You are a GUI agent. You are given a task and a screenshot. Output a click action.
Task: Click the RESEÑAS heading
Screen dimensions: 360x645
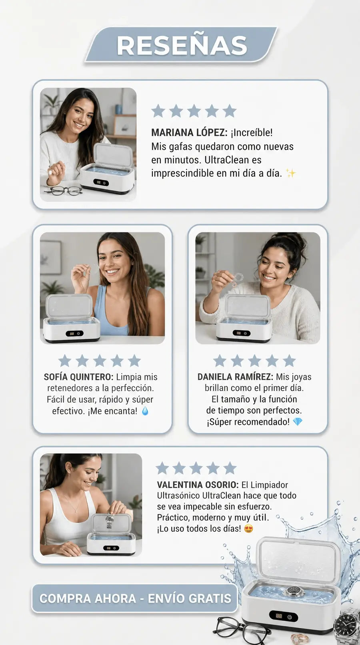click(x=182, y=45)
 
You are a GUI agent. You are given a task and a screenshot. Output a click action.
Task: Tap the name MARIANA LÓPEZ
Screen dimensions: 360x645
click(x=189, y=132)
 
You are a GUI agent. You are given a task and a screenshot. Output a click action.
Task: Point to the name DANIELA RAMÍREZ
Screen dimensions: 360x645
click(x=235, y=377)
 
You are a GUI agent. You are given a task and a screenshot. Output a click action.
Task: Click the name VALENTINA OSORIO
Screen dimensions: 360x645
click(x=198, y=485)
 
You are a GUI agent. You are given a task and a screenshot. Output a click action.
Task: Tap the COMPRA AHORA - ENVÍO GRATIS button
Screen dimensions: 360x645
click(x=135, y=598)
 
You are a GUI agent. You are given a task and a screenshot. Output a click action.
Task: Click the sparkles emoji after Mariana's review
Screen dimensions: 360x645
click(x=290, y=173)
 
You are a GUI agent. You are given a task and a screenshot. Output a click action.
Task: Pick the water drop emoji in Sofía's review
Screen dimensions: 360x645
click(x=145, y=411)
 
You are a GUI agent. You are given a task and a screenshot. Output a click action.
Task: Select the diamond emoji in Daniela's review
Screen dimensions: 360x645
click(x=298, y=422)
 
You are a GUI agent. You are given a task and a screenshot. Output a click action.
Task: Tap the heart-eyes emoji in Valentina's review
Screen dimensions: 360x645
click(x=248, y=528)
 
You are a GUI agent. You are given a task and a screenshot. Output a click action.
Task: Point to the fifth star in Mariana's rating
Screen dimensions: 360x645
click(x=230, y=111)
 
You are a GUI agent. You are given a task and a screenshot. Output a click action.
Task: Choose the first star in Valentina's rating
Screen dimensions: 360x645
click(x=162, y=468)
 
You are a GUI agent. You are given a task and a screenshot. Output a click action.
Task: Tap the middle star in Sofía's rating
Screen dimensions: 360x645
click(x=100, y=361)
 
